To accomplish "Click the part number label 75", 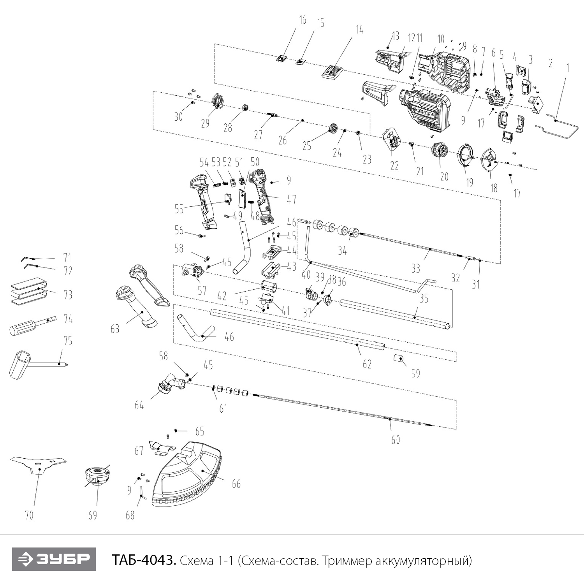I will (68, 341).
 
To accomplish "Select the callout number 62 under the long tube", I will (367, 364).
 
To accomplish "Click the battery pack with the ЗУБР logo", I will (424, 109).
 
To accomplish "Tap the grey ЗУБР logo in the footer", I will (54, 559).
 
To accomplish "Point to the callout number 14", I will (359, 30).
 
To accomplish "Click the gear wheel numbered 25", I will (333, 128).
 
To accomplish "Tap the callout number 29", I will (205, 123).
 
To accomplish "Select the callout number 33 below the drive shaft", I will (416, 268).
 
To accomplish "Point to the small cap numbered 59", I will (398, 358).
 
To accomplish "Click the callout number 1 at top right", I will (568, 68).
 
